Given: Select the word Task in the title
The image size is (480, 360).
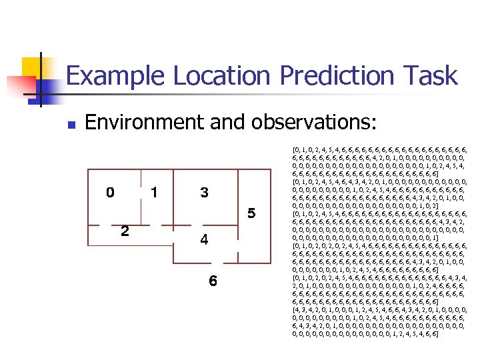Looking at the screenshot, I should point(431,76).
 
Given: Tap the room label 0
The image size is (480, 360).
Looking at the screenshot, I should point(110,193).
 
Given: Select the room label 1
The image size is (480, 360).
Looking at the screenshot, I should point(155,193).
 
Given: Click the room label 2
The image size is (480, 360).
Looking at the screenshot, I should point(125,231).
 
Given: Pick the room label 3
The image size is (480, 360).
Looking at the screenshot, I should point(205,193).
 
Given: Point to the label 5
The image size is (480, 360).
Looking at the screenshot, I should point(251,214).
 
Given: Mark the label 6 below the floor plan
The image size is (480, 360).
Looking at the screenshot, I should point(213,281).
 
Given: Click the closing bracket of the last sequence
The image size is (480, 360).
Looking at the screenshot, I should point(437,333).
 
